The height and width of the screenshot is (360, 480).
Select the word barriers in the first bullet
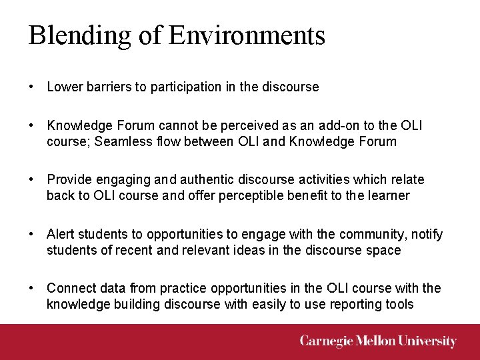102,87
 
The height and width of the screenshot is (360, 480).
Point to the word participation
174,87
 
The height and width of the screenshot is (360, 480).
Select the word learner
390,196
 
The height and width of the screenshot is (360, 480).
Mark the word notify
427,234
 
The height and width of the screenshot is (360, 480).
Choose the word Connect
71,288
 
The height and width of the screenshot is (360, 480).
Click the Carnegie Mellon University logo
378,341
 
